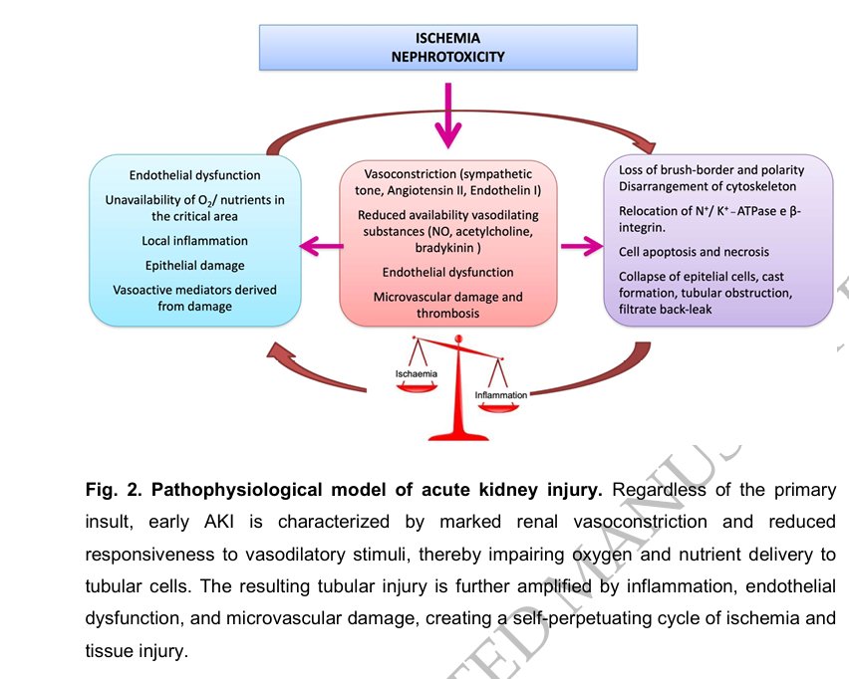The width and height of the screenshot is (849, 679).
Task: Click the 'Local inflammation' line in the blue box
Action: click(194, 241)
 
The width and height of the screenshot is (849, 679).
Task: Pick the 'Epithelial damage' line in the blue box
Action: click(194, 266)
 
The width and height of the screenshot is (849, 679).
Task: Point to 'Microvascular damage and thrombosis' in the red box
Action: click(447, 305)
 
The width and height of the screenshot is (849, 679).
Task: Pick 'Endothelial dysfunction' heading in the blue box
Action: click(194, 175)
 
